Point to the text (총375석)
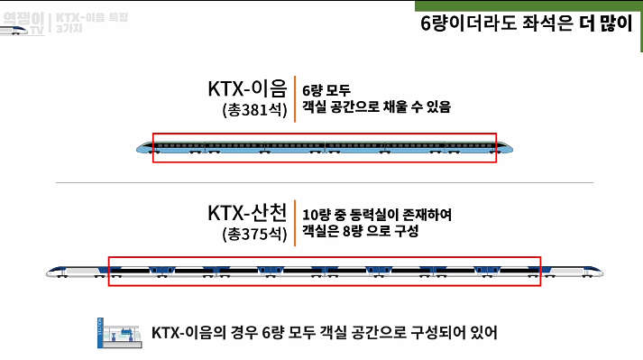pyautogui.click(x=253, y=235)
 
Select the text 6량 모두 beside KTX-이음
pyautogui.click(x=331, y=90)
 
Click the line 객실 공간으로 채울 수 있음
pyautogui.click(x=377, y=107)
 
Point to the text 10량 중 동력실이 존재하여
pyautogui.click(x=377, y=215)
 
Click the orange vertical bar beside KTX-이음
pyautogui.click(x=295, y=98)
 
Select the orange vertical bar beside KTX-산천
pyautogui.click(x=295, y=223)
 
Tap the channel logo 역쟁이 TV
pyautogui.click(x=23, y=20)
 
